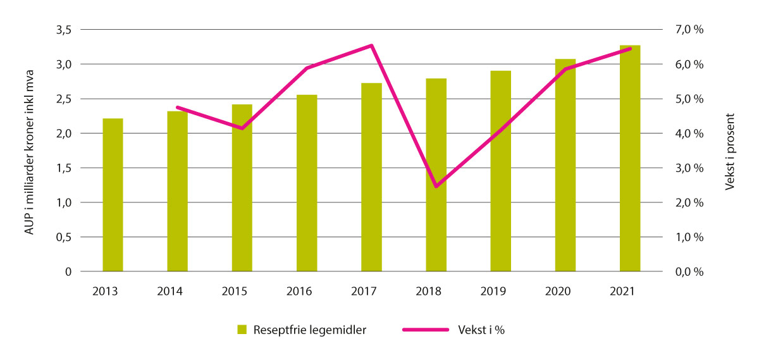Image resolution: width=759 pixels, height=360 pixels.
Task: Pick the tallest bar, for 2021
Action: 629,158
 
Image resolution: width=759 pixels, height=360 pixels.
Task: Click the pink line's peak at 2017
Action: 371,46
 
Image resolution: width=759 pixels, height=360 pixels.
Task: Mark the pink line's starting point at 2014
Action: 177,108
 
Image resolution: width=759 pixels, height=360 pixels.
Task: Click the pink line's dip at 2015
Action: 242,128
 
